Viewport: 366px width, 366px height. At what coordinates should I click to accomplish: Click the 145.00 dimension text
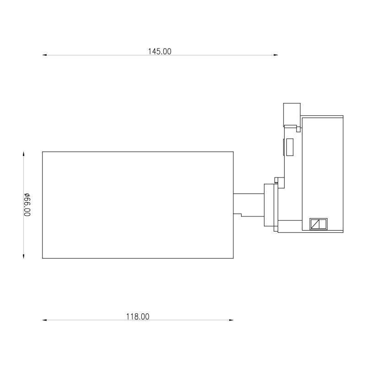coord(159,52)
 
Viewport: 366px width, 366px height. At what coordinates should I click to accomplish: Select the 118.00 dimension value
coord(138,316)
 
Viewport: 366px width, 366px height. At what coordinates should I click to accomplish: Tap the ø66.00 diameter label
coord(27,205)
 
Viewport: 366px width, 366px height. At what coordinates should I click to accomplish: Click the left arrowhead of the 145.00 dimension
coord(45,55)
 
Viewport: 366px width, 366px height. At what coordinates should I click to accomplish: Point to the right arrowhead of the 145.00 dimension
coord(276,55)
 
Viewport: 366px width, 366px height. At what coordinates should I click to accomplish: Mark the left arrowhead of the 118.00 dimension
coord(45,320)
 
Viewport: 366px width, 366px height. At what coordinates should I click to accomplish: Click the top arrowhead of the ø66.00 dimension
coord(24,154)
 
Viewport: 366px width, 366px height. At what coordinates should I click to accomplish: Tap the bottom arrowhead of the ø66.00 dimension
coord(24,256)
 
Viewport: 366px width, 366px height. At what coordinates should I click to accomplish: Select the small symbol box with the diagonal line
coord(318,224)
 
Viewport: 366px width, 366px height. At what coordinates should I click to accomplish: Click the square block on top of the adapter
coord(291,113)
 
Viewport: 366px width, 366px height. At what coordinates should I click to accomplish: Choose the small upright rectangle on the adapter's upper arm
coord(289,147)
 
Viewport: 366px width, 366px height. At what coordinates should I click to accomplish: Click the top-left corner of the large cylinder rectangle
coord(43,151)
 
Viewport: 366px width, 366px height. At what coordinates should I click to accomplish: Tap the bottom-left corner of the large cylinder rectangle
coord(43,258)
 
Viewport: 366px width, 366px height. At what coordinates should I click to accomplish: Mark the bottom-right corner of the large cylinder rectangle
coord(233,258)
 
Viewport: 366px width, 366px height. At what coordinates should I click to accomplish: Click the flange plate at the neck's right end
coord(270,205)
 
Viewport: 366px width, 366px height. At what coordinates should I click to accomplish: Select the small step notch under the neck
coord(237,215)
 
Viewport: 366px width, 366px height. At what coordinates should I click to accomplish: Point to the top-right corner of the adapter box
coord(343,116)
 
